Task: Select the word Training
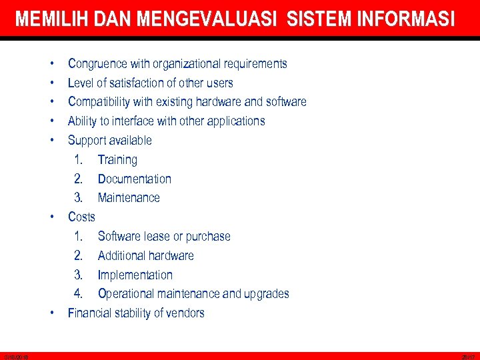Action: tap(117, 160)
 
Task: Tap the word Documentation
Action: tap(134, 179)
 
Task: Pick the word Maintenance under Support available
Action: tap(129, 198)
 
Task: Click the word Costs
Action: tap(81, 217)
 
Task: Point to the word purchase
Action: tap(208, 237)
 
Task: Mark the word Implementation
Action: tap(135, 275)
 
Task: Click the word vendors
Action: tap(185, 313)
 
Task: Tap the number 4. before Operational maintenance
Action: tap(78, 294)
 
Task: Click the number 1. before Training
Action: tap(79, 160)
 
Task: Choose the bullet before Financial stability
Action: tap(51, 313)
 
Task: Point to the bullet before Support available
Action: tap(51, 141)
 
